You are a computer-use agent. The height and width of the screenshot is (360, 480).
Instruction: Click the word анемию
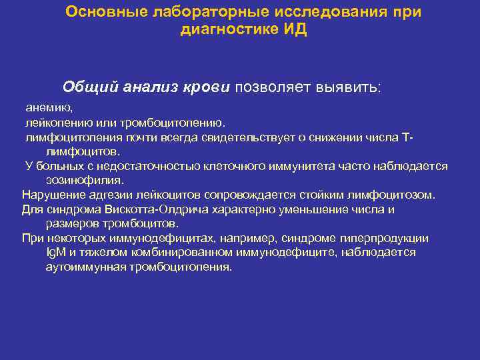coord(49,107)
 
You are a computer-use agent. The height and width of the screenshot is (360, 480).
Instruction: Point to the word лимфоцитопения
coord(67,137)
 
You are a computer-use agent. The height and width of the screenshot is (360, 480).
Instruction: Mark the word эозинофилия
coord(85,180)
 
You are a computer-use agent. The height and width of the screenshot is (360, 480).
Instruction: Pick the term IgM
coord(54,253)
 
